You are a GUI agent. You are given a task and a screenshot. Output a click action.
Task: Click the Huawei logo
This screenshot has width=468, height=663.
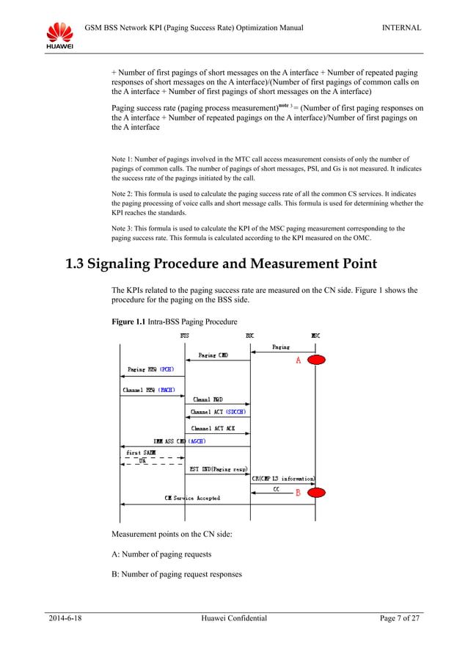click(59, 35)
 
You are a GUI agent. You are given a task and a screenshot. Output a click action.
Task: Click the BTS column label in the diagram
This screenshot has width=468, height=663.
click(185, 336)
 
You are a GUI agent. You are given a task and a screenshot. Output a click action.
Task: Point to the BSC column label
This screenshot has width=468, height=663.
click(249, 336)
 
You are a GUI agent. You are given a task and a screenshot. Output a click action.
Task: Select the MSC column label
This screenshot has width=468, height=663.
click(315, 336)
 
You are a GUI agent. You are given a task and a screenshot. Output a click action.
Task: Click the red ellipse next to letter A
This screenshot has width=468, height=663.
click(317, 360)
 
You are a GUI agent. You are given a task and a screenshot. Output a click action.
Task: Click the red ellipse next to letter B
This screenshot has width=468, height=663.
click(317, 493)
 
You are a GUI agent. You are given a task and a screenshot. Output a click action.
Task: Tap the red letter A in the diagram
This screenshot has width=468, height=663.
click(298, 361)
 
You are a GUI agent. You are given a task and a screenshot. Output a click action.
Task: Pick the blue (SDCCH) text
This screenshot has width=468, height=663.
click(237, 413)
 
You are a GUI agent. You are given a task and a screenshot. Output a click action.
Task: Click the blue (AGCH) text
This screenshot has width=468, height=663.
click(197, 441)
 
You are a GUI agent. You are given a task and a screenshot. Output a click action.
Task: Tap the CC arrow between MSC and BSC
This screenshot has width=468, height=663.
click(282, 493)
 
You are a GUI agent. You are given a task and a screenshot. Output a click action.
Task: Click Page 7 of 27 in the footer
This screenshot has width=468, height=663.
click(400, 619)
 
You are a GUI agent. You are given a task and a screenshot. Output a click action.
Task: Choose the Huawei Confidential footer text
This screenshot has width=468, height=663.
click(233, 619)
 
